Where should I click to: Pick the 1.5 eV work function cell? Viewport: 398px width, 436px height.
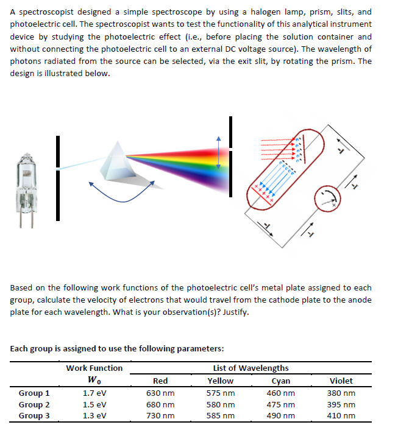point(94,405)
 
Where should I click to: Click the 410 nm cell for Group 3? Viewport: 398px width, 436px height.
point(340,417)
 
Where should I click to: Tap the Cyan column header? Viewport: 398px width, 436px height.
point(280,381)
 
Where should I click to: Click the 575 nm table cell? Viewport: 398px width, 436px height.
point(221,393)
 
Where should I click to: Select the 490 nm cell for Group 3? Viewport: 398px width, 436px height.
point(280,417)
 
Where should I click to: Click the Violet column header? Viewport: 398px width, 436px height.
point(340,381)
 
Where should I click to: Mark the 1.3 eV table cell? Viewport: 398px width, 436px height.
point(94,417)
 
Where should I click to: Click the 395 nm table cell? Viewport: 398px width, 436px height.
point(340,405)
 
